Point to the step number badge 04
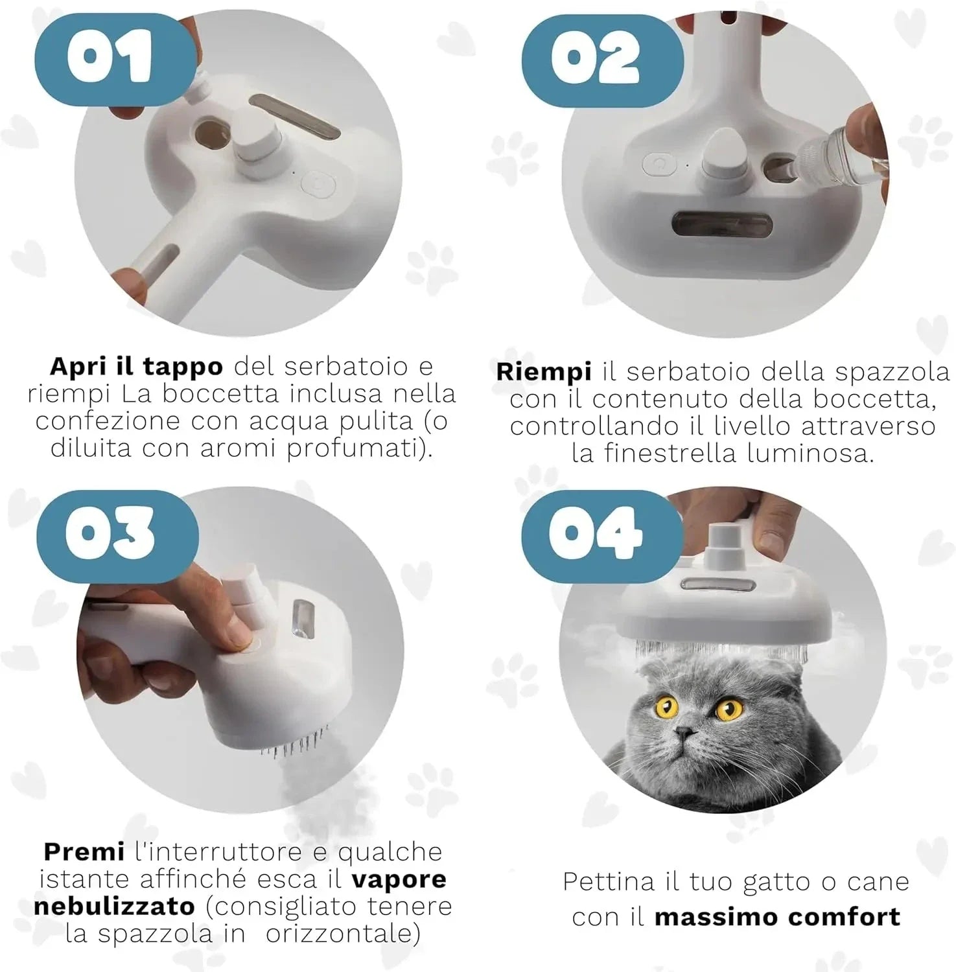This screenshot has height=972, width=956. tap(600, 532)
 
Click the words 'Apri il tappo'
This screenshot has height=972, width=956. tap(136, 367)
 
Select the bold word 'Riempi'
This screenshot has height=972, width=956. tap(544, 373)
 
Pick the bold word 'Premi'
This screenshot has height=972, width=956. tap(84, 851)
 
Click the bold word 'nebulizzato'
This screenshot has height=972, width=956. tap(114, 906)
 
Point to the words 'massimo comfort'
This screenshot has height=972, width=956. tap(777, 917)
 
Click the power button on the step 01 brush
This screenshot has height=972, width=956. tap(320, 185)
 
